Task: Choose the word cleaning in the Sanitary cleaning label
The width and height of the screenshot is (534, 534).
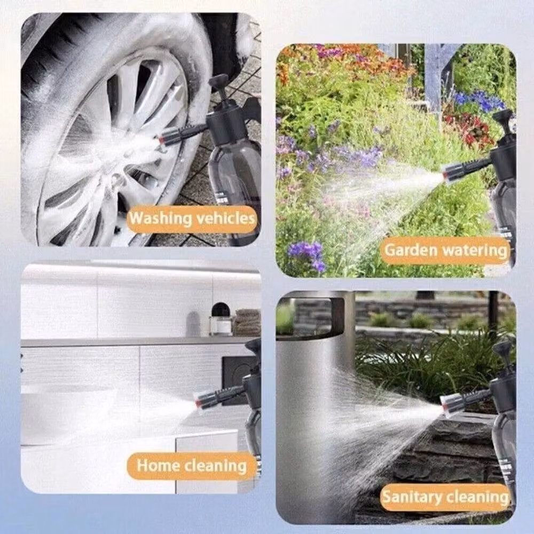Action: click(477, 497)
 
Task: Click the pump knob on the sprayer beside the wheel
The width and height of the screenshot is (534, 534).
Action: click(218, 81)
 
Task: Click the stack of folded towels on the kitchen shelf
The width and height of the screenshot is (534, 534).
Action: click(247, 322)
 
